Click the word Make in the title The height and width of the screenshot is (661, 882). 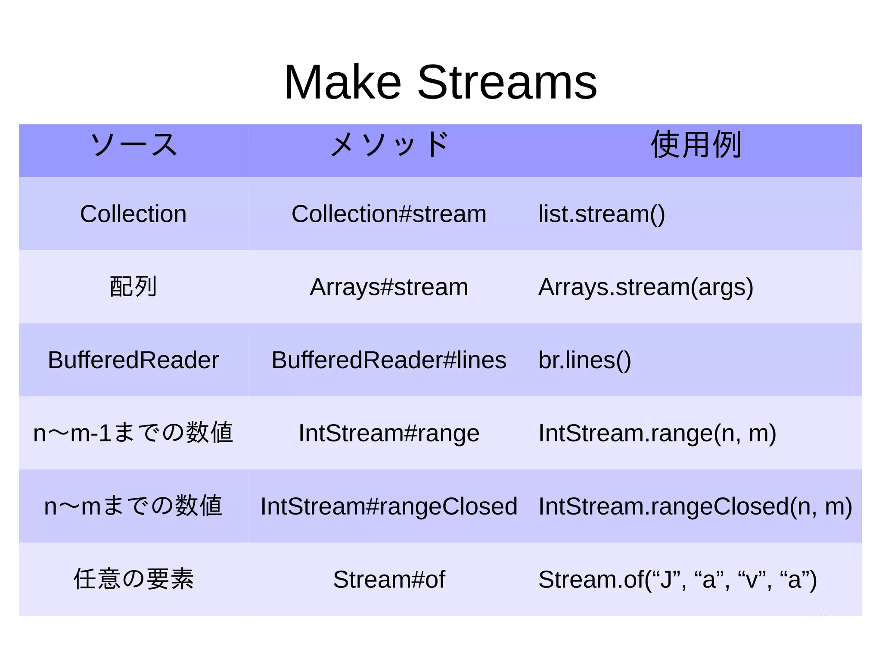click(342, 83)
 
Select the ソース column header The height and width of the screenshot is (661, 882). click(134, 145)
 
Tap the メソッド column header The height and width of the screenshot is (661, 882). click(389, 145)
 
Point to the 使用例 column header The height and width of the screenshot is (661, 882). click(696, 145)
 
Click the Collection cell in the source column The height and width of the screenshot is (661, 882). click(134, 214)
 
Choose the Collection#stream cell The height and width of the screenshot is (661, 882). click(389, 214)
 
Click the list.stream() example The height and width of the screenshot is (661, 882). click(602, 214)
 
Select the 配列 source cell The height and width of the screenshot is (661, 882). click(134, 287)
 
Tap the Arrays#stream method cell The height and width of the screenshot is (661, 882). click(389, 287)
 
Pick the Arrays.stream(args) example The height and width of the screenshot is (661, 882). click(646, 287)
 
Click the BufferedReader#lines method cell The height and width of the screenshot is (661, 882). click(389, 360)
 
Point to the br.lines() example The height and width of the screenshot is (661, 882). click(584, 360)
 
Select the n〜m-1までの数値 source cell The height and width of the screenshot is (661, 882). click(134, 433)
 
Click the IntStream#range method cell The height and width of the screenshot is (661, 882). click(389, 433)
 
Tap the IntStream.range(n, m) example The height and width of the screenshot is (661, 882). click(657, 433)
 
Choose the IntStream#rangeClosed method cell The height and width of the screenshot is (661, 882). click(389, 506)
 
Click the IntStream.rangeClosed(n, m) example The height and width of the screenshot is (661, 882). click(695, 506)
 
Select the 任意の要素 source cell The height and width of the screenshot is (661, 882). click(134, 579)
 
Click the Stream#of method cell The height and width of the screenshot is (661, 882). click(389, 579)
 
